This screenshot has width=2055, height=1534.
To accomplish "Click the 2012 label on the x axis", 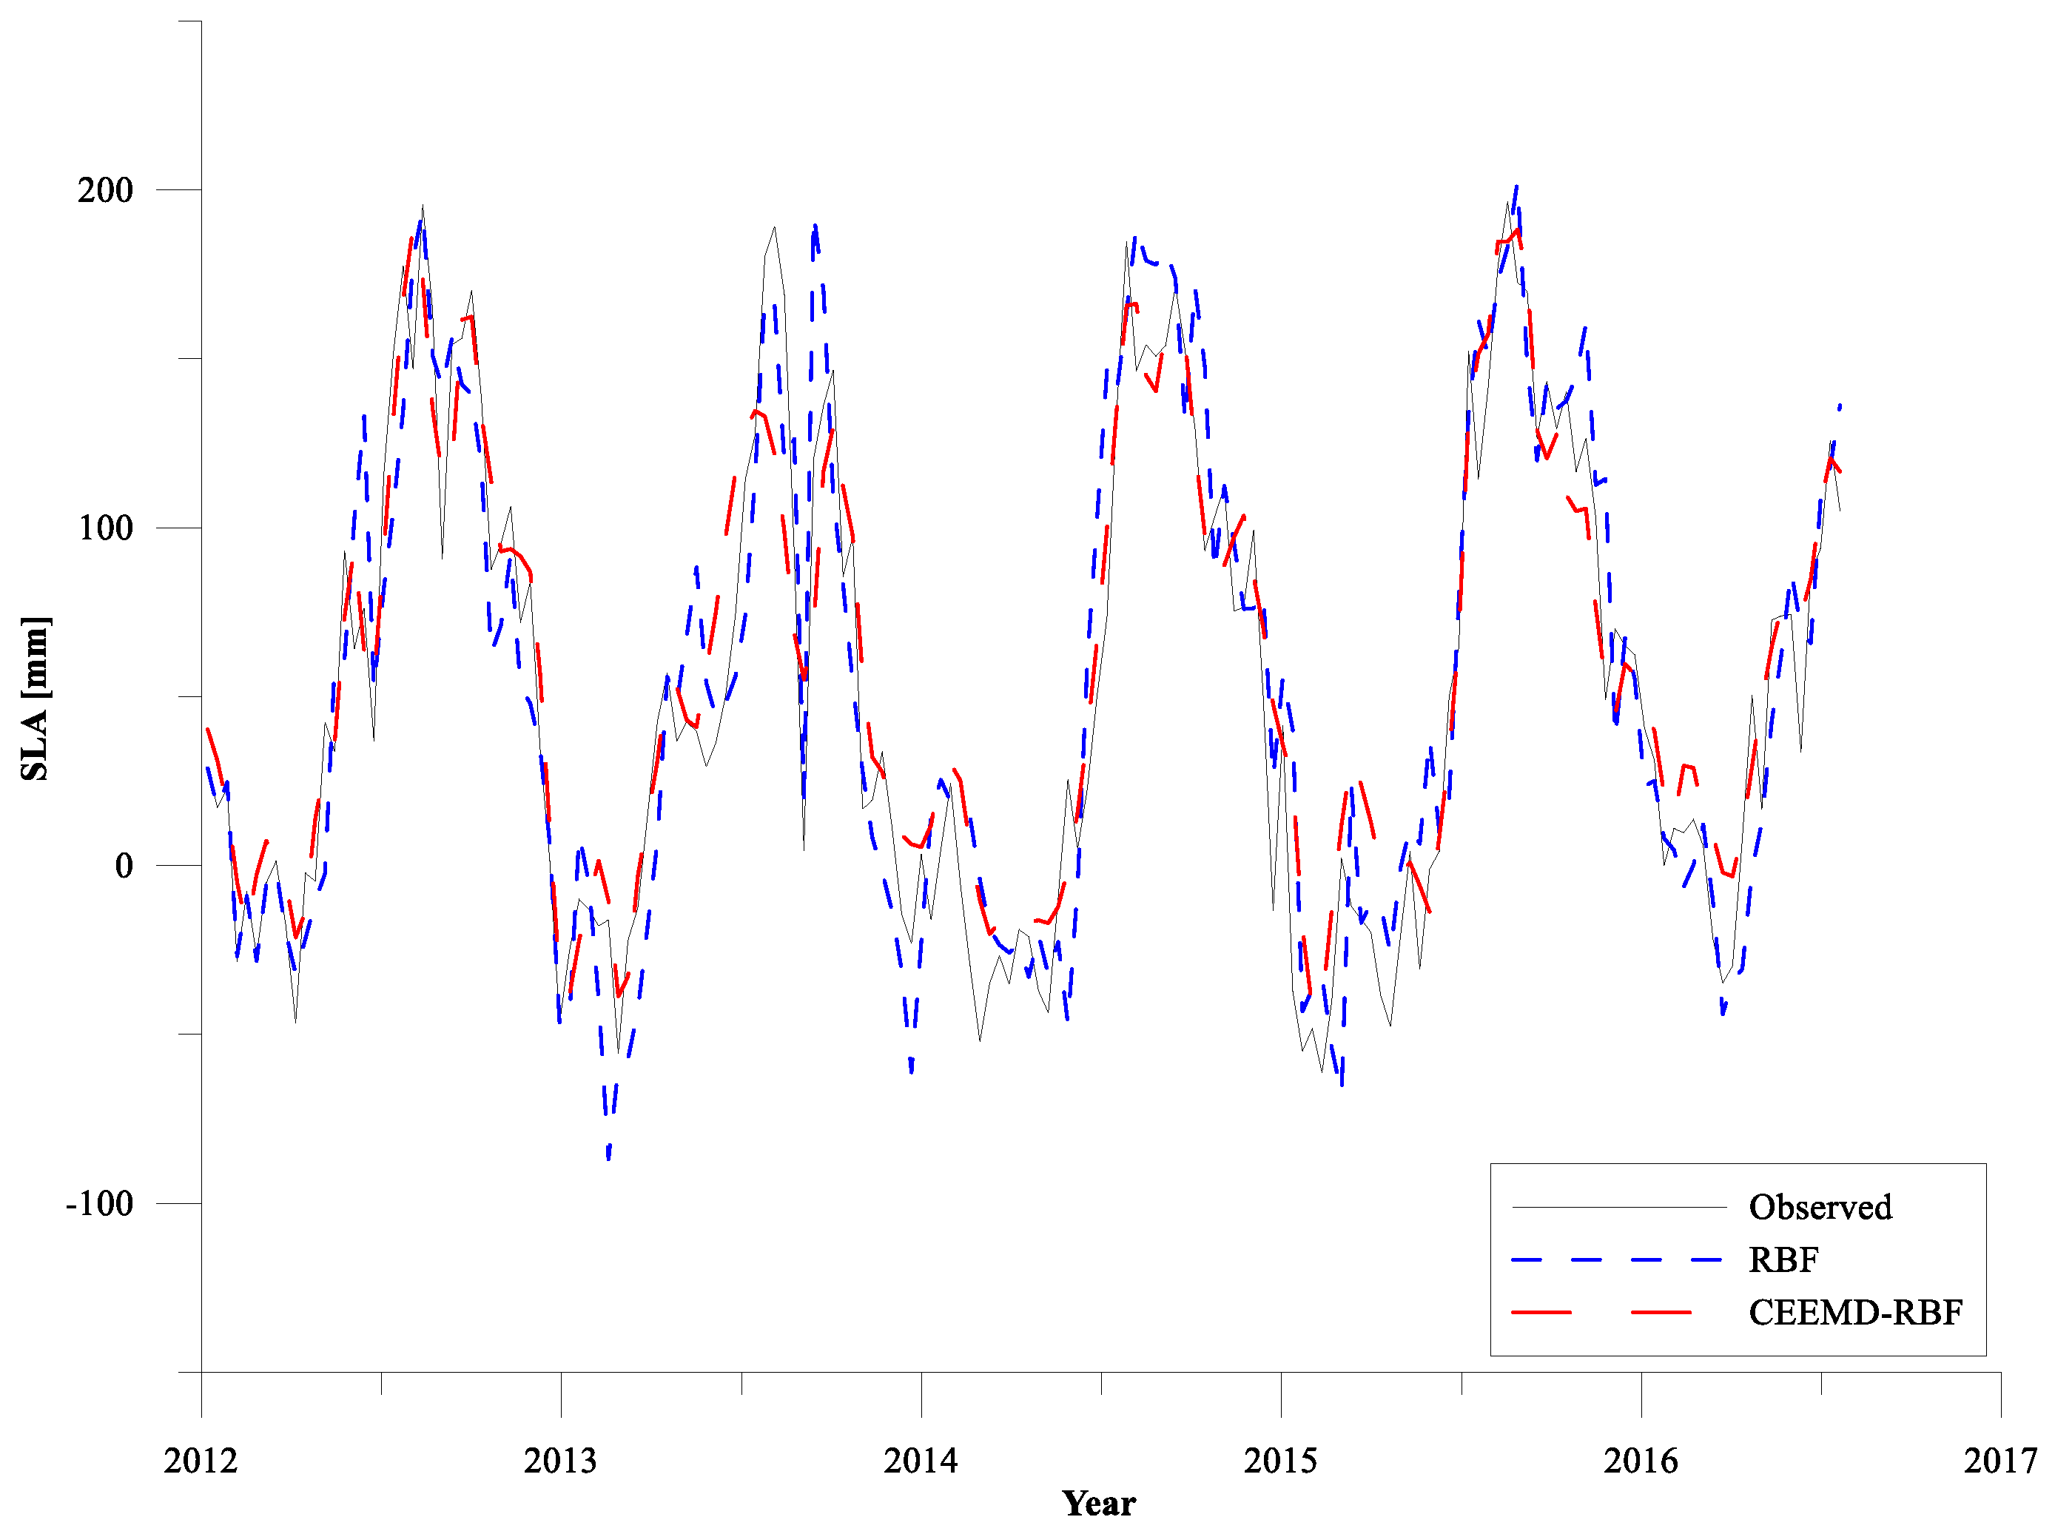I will (201, 1461).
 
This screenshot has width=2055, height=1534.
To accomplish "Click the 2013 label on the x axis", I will (560, 1461).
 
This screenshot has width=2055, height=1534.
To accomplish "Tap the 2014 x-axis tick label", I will (921, 1461).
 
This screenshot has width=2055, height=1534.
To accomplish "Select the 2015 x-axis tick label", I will (1279, 1461).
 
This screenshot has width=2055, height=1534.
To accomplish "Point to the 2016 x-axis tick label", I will (1640, 1461).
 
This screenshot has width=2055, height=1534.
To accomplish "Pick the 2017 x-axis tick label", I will (1999, 1461).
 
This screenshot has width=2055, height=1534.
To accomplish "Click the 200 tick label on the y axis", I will (105, 190).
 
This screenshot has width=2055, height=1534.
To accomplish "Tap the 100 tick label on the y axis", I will (105, 528).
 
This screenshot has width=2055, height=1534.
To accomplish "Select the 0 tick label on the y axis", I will (124, 867).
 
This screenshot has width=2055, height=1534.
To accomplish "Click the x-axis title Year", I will (1098, 1504).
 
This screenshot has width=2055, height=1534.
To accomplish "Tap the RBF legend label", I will (1783, 1260).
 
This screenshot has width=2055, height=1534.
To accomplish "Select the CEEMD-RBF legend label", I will (1854, 1313).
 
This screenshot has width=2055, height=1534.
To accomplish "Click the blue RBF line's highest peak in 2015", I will (1516, 186).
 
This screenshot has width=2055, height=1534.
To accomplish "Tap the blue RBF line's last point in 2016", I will (1840, 405).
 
